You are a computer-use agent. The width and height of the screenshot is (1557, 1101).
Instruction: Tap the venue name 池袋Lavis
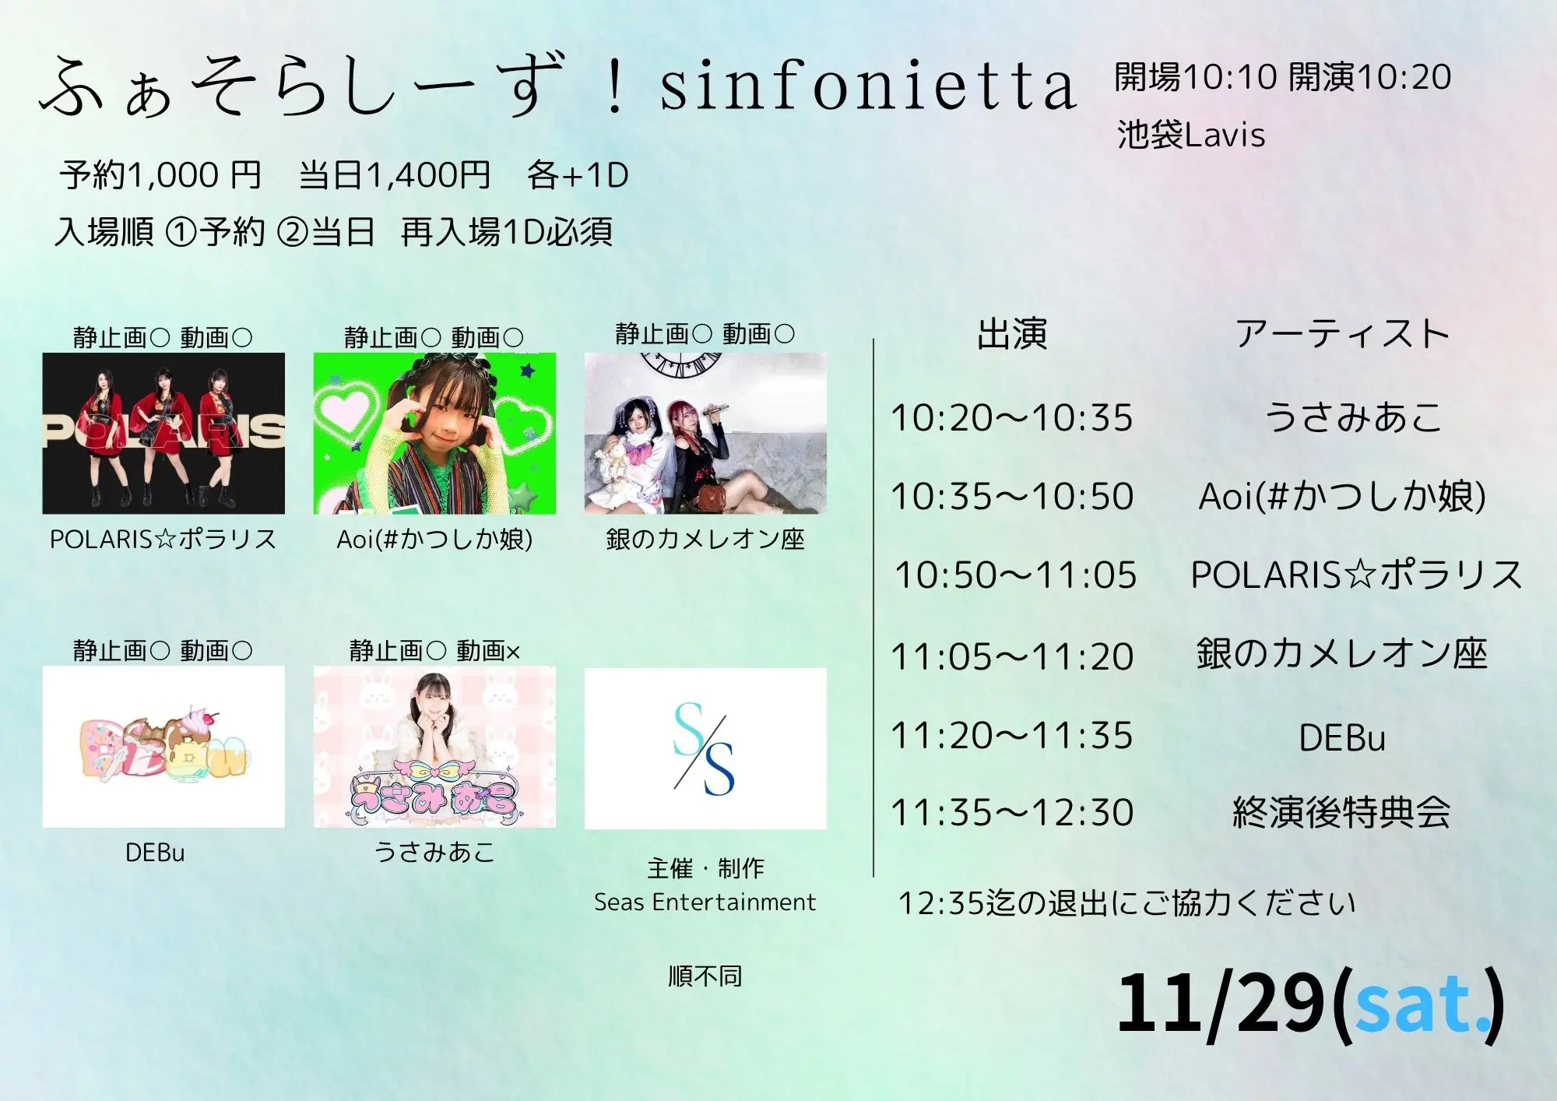[x=1190, y=135]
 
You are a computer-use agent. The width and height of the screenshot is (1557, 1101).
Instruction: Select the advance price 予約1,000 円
[x=160, y=174]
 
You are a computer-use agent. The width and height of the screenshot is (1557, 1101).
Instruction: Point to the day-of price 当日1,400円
[x=395, y=174]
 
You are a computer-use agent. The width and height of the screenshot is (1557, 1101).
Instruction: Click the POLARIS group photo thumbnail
[x=163, y=433]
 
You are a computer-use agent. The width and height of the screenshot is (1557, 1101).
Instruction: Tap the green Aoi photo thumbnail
[x=434, y=433]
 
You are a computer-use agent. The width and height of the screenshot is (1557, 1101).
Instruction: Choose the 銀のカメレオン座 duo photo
[x=705, y=433]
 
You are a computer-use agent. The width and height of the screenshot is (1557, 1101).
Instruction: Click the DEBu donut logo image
[x=163, y=747]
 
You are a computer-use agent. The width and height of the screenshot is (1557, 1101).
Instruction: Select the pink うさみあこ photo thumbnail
[x=434, y=747]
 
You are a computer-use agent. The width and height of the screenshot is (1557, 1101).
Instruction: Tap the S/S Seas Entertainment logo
[x=705, y=748]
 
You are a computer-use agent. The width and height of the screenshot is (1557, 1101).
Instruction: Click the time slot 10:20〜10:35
[x=1011, y=418]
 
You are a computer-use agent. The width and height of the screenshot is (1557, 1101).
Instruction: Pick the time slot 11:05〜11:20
[x=1011, y=656]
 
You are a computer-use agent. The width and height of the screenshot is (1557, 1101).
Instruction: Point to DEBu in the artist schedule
[x=1342, y=737]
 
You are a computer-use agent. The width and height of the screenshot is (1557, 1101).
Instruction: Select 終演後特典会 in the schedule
[x=1342, y=813]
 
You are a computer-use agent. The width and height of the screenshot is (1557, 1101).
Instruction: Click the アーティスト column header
[x=1342, y=334]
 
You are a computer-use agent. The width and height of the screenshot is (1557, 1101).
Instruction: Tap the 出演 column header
[x=1012, y=334]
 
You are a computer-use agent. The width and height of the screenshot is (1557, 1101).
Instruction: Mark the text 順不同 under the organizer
[x=705, y=976]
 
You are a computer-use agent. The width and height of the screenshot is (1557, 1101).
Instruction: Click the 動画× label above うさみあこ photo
[x=488, y=651]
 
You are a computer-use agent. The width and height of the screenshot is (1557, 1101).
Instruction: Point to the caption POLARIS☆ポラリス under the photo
[x=163, y=539]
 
